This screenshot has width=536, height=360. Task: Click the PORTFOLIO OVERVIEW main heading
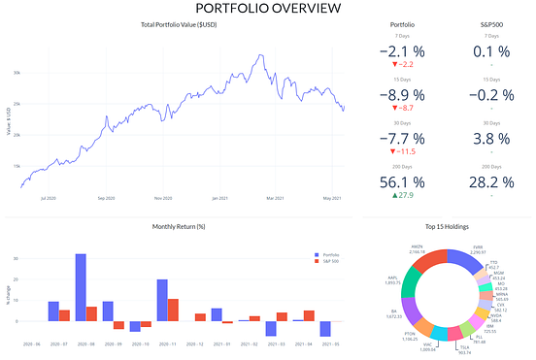tap(268, 9)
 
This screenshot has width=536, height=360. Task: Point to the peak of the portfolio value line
tap(260, 56)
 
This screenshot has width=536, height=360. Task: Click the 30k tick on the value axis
tap(16, 73)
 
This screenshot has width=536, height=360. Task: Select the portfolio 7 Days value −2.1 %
tap(401, 50)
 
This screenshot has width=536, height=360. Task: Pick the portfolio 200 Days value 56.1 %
tap(401, 180)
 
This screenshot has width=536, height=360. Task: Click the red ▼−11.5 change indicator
tap(401, 152)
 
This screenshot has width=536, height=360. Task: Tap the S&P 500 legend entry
tap(328, 262)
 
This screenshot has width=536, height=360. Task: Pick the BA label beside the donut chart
tap(393, 313)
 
